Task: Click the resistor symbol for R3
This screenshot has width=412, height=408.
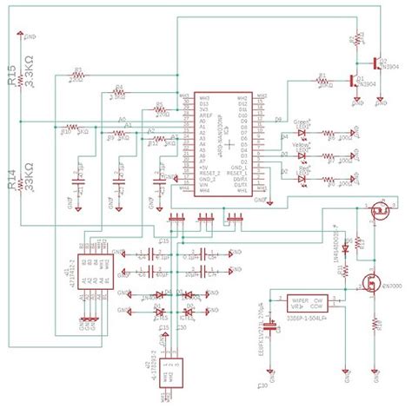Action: point(77,76)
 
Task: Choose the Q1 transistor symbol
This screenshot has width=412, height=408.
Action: point(356,82)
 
